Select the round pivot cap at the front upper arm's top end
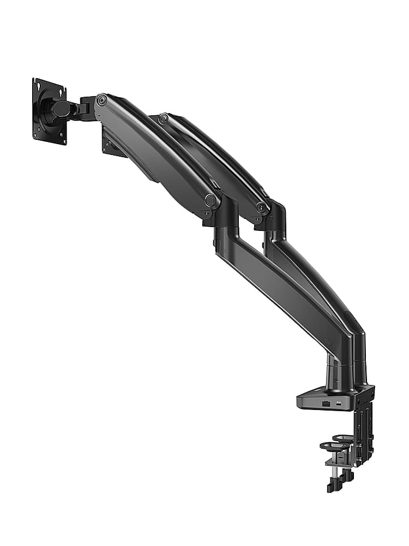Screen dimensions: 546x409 [x=101, y=100]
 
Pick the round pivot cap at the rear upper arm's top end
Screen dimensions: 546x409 [x=163, y=118]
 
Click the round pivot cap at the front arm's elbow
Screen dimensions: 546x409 [x=210, y=200]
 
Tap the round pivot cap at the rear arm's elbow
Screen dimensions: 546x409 [x=262, y=207]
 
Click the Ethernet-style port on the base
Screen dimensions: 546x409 [x=326, y=403]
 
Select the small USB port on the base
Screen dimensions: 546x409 [x=339, y=403]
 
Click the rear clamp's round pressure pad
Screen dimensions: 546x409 [x=344, y=438]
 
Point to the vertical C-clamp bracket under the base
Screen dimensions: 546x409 [x=363, y=431]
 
